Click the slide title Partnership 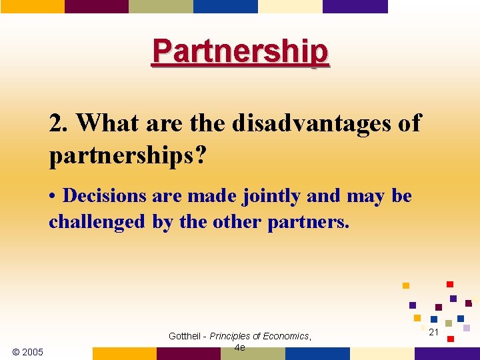pos(240,51)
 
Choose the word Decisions pos(105,197)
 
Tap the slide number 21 pos(433,332)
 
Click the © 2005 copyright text pos(28,352)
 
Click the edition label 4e pos(240,347)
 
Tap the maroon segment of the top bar pos(96,6)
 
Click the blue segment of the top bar pos(225,6)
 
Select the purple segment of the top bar pos(355,6)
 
